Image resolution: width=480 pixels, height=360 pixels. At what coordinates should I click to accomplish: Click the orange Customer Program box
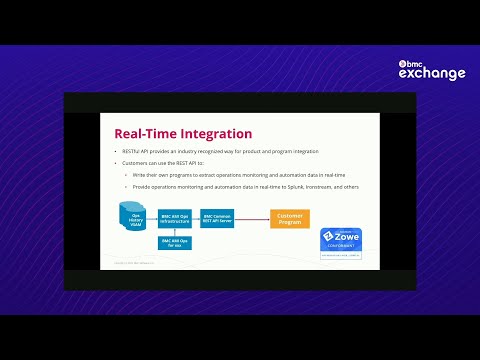pos(289,218)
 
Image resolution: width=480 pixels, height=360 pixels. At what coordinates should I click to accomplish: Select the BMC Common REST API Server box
pos(217,218)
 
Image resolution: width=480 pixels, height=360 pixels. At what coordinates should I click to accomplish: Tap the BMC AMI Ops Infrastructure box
pos(174,218)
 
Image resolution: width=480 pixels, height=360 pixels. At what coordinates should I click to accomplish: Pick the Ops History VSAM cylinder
pos(131,218)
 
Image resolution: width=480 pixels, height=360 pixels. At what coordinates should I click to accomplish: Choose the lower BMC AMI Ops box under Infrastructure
pos(174,243)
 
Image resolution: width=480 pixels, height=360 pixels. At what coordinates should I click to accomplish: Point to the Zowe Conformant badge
pos(340,244)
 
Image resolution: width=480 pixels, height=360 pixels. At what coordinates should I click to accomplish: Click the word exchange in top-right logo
pos(432,73)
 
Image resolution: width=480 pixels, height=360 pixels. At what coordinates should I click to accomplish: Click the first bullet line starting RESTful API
pos(216,151)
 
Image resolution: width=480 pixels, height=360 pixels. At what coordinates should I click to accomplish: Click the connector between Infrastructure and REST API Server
pos(195,218)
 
